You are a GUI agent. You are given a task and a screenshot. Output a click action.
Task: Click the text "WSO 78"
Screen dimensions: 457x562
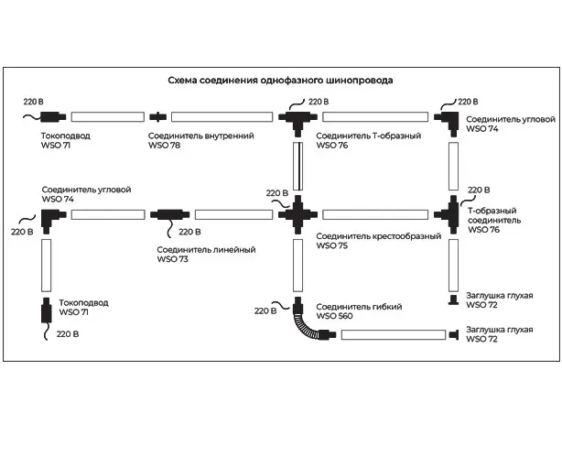coord(165,146)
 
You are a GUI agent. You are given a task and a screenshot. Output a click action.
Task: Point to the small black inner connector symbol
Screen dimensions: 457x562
coord(158,116)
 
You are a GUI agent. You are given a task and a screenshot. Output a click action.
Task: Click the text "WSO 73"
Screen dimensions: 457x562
coord(172,260)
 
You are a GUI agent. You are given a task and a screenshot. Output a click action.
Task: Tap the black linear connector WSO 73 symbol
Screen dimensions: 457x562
coord(168,215)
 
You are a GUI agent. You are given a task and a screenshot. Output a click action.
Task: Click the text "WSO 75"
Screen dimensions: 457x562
coord(332,246)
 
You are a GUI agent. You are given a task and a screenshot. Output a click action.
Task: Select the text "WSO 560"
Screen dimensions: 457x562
coord(334,316)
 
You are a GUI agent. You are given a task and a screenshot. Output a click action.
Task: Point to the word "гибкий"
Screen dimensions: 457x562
coord(386,306)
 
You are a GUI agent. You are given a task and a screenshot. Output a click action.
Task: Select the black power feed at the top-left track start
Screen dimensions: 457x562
coord(49,116)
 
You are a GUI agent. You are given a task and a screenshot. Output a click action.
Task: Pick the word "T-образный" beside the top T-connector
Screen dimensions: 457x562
coord(397,136)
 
